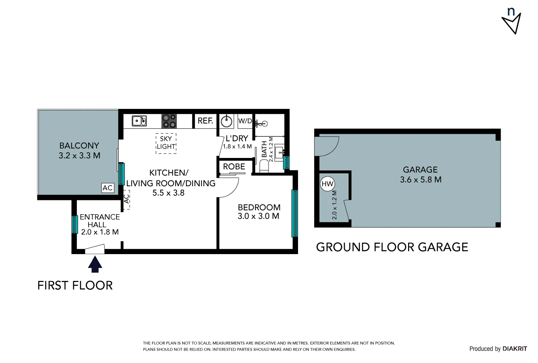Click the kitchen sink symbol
click(139, 121)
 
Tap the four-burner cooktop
click(169, 121)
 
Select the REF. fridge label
click(205, 121)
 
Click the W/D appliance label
click(245, 121)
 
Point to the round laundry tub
click(227, 121)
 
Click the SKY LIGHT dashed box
click(166, 143)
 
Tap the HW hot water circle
click(327, 184)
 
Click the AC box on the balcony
click(108, 188)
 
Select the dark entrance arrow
click(95, 264)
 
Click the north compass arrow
click(512, 23)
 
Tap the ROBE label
click(234, 166)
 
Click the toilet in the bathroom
click(264, 166)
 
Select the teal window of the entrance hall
click(75, 224)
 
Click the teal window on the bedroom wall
click(294, 213)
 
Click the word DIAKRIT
click(515, 349)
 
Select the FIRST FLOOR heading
click(75, 285)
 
